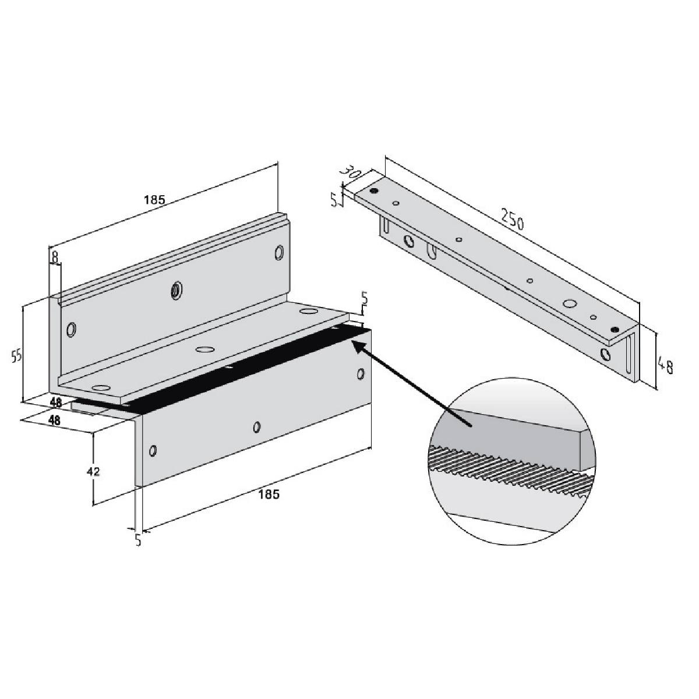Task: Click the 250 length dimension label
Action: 513,220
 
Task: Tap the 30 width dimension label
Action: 351,172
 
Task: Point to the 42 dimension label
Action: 93,471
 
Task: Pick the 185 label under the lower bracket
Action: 269,494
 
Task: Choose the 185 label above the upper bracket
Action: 154,199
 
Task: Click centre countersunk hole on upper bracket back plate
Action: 175,290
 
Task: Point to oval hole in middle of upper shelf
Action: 204,349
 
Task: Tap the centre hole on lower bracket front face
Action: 257,427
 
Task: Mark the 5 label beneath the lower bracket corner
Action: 137,539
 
